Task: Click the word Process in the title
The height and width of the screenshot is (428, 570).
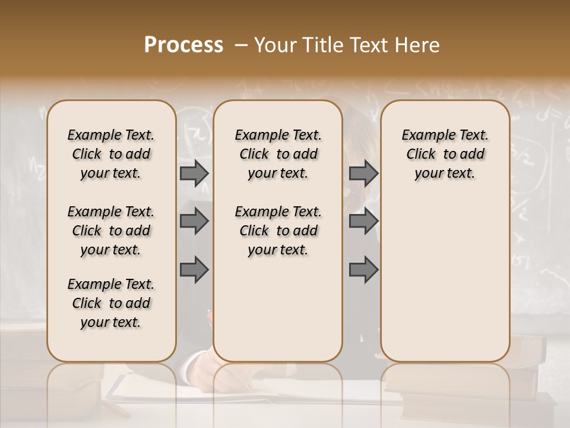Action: tap(183, 45)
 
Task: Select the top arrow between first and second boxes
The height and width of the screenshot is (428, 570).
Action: tap(194, 173)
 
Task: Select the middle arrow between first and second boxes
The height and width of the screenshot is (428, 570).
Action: tap(194, 221)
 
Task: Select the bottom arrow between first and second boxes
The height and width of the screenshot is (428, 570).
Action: tap(194, 270)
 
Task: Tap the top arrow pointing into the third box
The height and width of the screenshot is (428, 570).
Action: tap(363, 173)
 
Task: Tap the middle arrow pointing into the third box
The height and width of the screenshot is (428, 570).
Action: tap(363, 221)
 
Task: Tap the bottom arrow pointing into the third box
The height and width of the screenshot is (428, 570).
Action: tap(363, 270)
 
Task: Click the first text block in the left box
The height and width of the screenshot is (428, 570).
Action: tap(111, 154)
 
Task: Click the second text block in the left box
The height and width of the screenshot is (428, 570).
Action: tap(111, 231)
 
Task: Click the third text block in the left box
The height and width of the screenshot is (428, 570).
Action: tap(111, 303)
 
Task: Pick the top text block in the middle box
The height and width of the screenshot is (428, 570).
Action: tap(278, 154)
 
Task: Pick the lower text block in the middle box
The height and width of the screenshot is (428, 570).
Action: tap(278, 231)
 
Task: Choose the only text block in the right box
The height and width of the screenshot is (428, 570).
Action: tap(445, 154)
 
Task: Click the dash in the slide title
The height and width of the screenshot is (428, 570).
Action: tap(240, 45)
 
